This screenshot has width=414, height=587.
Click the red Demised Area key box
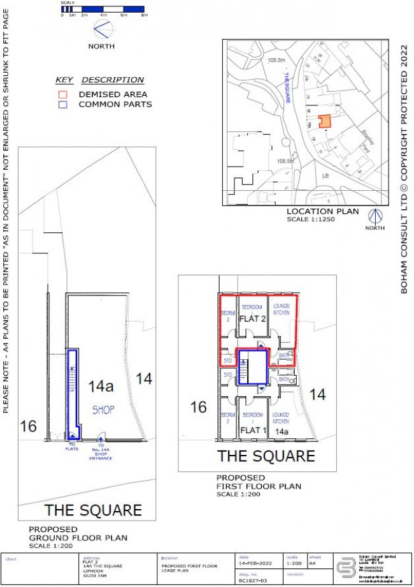[62, 94]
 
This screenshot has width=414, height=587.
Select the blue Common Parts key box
[62, 105]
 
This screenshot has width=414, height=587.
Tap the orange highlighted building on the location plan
[325, 121]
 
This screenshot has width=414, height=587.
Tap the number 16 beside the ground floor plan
[28, 426]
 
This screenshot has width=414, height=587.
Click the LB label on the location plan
[325, 174]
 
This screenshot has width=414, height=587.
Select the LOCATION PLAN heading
[322, 211]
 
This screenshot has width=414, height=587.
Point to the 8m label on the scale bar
[144, 14]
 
